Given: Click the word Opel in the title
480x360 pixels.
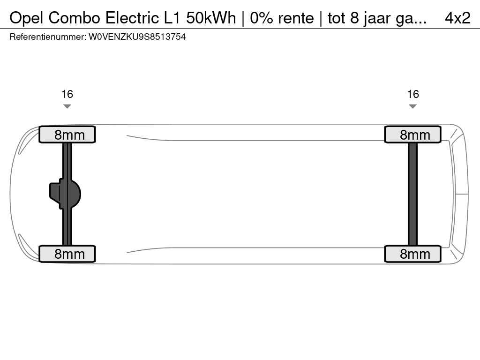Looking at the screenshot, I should click(x=27, y=18).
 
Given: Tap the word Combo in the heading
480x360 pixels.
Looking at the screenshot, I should click(x=75, y=18).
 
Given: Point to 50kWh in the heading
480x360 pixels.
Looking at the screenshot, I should click(x=211, y=18).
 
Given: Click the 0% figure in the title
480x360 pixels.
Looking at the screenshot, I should click(x=260, y=18).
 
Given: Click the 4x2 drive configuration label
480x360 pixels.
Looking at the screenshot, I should click(x=457, y=18).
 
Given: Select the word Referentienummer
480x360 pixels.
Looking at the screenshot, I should click(x=47, y=37).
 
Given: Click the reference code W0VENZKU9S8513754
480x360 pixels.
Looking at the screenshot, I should click(x=137, y=37).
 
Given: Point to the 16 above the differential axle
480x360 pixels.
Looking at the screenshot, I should click(x=67, y=94).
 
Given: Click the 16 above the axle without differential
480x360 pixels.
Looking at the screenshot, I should click(x=412, y=94).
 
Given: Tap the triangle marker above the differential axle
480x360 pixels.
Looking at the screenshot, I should click(x=67, y=106).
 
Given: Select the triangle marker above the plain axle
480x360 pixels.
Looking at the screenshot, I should click(x=412, y=106).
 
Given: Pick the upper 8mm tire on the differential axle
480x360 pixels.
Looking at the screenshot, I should click(x=67, y=135).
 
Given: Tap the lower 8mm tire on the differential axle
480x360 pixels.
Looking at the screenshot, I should click(x=67, y=254).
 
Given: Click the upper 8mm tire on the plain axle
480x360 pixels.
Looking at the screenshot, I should click(x=412, y=135).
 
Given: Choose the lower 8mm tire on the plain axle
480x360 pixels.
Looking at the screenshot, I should click(x=412, y=254).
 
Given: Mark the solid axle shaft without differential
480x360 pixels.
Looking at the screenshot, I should click(x=412, y=194).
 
